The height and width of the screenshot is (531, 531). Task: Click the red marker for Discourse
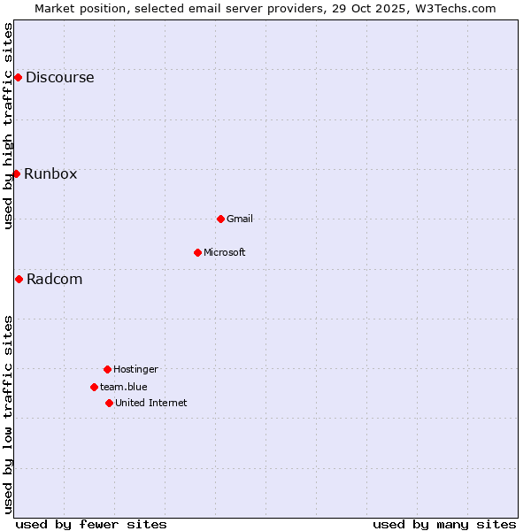pyautogui.click(x=18, y=77)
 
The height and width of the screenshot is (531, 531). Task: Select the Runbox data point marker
pyautogui.click(x=16, y=173)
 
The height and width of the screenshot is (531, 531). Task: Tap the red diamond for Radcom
pyautogui.click(x=19, y=279)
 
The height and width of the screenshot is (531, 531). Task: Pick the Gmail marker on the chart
pyautogui.click(x=220, y=219)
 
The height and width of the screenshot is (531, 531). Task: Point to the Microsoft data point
pyautogui.click(x=197, y=252)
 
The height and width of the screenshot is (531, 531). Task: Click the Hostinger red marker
pyautogui.click(x=107, y=369)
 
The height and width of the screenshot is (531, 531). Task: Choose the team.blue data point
pyautogui.click(x=94, y=387)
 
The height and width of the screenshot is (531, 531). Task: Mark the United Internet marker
pyautogui.click(x=109, y=403)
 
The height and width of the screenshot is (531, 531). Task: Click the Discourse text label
pyautogui.click(x=59, y=77)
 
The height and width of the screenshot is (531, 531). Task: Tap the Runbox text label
pyautogui.click(x=50, y=173)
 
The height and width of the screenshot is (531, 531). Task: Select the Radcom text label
pyautogui.click(x=54, y=279)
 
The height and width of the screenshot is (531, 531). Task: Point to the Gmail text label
pyautogui.click(x=240, y=219)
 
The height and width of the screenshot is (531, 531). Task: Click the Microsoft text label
pyautogui.click(x=225, y=252)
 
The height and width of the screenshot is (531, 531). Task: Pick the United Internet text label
pyautogui.click(x=151, y=403)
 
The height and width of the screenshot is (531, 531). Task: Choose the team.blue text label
pyautogui.click(x=124, y=387)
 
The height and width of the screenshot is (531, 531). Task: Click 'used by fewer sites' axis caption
pyautogui.click(x=91, y=524)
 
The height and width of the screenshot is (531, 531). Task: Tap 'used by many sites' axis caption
pyautogui.click(x=444, y=524)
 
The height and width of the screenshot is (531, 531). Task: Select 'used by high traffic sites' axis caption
pyautogui.click(x=9, y=126)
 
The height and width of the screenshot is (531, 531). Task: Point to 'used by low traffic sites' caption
pyautogui.click(x=9, y=413)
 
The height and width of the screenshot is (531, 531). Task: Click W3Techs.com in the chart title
pyautogui.click(x=452, y=8)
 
